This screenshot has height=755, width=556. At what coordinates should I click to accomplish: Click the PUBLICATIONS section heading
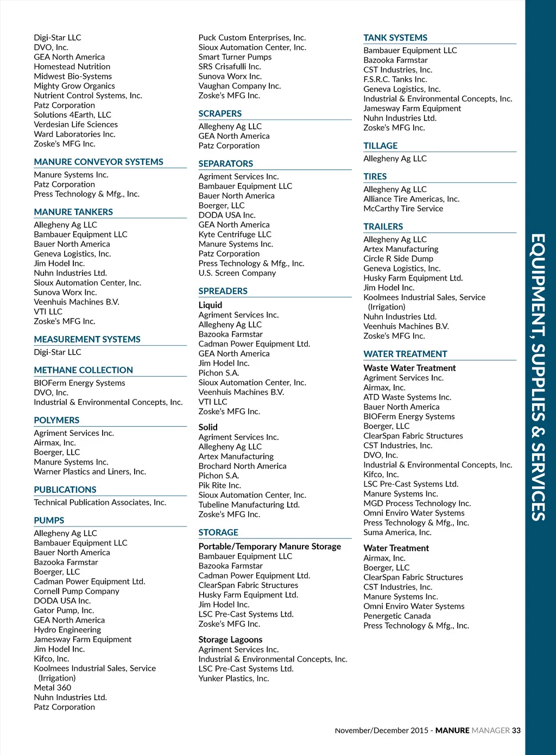pyautogui.click(x=65, y=490)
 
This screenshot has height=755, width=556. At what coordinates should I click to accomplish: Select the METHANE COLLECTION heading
pyautogui.click(x=83, y=370)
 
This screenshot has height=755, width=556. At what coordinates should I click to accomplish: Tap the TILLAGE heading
pyautogui.click(x=380, y=146)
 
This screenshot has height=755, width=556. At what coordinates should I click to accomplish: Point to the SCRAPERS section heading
pyautogui.click(x=220, y=114)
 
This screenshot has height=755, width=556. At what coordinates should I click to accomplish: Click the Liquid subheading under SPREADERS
pyautogui.click(x=210, y=305)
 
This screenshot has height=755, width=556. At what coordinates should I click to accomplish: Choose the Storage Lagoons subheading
pyautogui.click(x=230, y=640)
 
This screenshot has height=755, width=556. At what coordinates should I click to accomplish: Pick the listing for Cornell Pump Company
pyautogui.click(x=77, y=591)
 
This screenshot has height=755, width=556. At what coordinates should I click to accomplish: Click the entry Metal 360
pyautogui.click(x=53, y=688)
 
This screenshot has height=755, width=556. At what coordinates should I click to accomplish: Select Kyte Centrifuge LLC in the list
pyautogui.click(x=235, y=234)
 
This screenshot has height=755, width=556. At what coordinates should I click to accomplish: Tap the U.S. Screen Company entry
pyautogui.click(x=237, y=273)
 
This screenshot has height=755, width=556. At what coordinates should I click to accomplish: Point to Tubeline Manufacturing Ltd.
pyautogui.click(x=249, y=505)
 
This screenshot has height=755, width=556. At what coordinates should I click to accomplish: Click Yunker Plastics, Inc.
pyautogui.click(x=233, y=678)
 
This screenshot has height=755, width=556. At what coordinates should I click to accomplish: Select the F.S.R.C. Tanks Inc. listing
pyautogui.click(x=395, y=80)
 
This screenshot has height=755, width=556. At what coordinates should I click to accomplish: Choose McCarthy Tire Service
pyautogui.click(x=403, y=208)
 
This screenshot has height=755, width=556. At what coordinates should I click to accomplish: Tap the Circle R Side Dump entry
pyautogui.click(x=398, y=259)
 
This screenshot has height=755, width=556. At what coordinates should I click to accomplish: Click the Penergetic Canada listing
pyautogui.click(x=397, y=616)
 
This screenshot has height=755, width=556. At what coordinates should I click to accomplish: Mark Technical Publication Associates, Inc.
pyautogui.click(x=100, y=503)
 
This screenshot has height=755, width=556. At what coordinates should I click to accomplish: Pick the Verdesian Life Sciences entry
pyautogui.click(x=75, y=125)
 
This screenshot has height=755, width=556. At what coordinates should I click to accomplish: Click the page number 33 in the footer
pyautogui.click(x=516, y=731)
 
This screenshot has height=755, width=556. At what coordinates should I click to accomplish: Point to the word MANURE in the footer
pyautogui.click(x=452, y=731)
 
